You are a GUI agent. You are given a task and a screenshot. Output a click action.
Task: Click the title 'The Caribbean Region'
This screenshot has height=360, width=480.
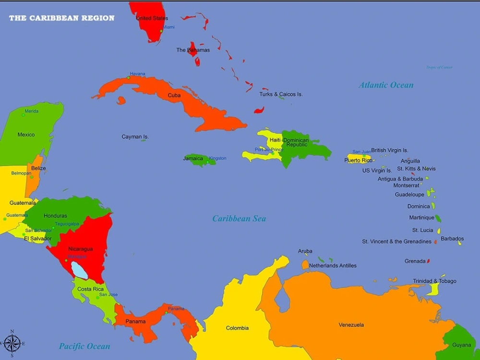(61, 18)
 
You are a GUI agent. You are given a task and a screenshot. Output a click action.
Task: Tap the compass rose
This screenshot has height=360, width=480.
(12, 343)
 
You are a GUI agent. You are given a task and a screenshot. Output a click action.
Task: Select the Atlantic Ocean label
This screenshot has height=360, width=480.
(386, 85)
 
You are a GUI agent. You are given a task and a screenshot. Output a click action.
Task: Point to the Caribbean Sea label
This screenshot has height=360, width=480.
(239, 218)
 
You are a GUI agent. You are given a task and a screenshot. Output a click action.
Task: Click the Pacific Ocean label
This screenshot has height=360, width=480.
(84, 346)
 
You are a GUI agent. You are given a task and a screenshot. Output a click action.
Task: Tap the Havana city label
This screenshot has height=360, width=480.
(137, 74)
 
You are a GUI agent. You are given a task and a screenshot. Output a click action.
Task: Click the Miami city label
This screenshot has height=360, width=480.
(168, 27)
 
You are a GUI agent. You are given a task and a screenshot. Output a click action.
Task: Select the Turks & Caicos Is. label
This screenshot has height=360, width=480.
(281, 94)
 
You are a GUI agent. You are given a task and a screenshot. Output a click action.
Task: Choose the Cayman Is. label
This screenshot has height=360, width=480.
(135, 137)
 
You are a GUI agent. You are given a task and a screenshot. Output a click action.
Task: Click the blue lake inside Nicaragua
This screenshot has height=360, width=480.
(79, 270)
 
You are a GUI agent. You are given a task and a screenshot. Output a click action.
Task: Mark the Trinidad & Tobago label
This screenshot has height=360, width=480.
(434, 281)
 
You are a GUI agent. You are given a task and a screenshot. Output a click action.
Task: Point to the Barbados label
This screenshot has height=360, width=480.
(452, 239)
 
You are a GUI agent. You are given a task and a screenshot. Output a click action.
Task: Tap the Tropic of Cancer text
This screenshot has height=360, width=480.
(439, 67)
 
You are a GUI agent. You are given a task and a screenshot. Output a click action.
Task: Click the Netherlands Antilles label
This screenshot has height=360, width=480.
(333, 265)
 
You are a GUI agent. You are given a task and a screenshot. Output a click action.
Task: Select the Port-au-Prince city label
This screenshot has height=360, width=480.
(269, 149)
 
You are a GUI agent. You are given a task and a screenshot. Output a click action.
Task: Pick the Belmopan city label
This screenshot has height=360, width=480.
(22, 173)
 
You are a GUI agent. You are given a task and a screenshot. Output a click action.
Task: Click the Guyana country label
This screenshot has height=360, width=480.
(461, 345)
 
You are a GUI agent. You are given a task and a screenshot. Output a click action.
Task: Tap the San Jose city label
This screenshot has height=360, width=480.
(108, 294)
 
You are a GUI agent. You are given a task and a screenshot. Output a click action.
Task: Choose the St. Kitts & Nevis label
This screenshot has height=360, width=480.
(416, 168)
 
